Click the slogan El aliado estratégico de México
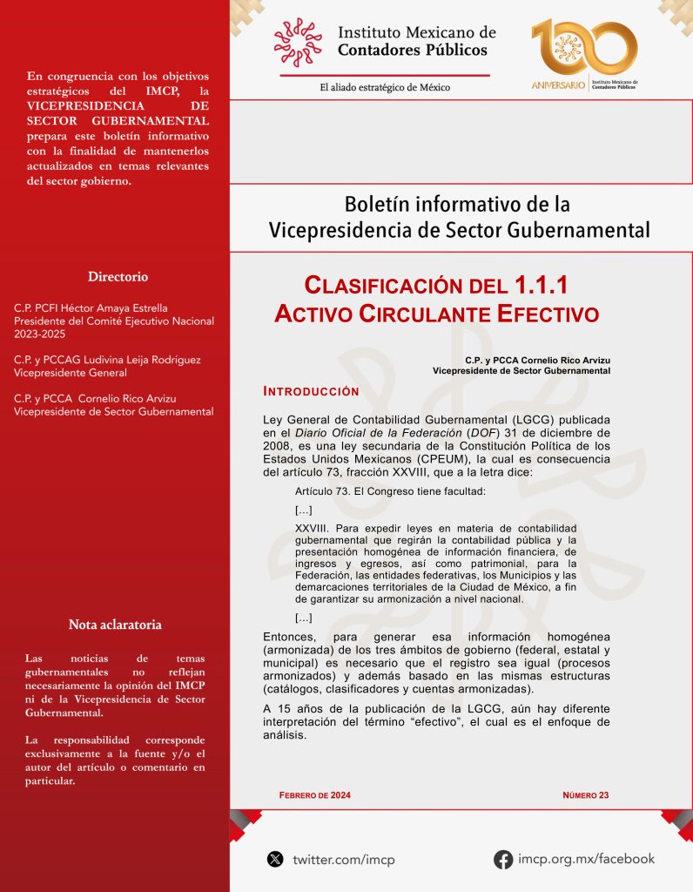[385, 87]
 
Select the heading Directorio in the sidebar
[118, 277]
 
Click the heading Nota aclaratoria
[115, 625]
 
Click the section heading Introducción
[311, 392]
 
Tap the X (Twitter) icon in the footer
[275, 859]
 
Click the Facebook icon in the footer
[502, 859]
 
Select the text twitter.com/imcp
[344, 860]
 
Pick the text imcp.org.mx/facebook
[586, 859]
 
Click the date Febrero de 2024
[314, 794]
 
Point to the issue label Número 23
[585, 794]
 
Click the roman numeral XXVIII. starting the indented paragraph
[313, 529]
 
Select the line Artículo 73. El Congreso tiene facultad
[390, 492]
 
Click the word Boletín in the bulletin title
[381, 205]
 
